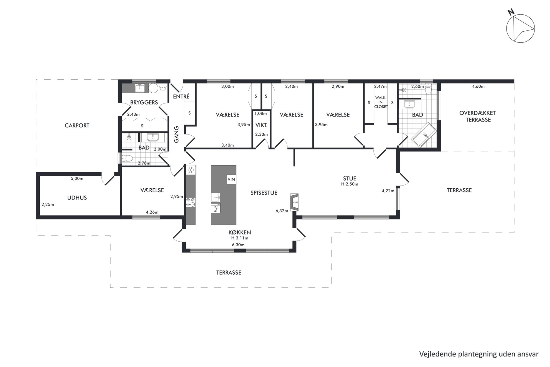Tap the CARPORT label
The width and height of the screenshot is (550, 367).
(77, 125)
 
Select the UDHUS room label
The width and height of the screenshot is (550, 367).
(77, 198)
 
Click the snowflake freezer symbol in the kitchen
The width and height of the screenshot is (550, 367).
(191, 170)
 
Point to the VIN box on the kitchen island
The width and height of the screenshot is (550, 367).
(231, 179)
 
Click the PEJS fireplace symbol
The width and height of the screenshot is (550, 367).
(294, 202)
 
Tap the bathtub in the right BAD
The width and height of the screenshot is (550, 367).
(424, 135)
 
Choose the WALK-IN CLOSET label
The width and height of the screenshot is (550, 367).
(381, 102)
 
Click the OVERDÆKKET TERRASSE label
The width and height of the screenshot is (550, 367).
(477, 117)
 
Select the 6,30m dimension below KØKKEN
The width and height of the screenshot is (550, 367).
(238, 245)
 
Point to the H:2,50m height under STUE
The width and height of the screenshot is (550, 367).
(350, 184)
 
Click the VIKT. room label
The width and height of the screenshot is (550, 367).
(261, 125)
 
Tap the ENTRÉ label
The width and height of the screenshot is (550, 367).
(181, 97)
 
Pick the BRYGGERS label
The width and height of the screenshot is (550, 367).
(144, 102)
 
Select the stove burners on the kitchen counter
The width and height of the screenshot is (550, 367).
(190, 202)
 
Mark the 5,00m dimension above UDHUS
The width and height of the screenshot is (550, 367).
(77, 178)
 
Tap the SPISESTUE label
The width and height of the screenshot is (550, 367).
(264, 193)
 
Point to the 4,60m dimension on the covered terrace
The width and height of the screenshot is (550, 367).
(478, 86)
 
